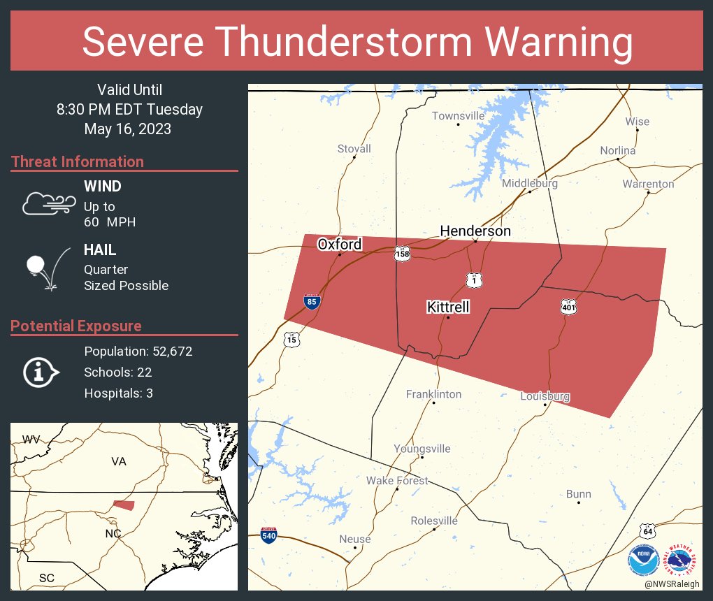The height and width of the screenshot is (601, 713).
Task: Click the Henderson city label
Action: [x=475, y=231]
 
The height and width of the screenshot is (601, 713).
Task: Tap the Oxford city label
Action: [x=340, y=244]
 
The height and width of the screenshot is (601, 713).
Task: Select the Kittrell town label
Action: [x=448, y=307]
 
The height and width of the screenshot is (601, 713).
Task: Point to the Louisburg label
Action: [x=545, y=396]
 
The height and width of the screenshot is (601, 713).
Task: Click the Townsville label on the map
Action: [x=458, y=115]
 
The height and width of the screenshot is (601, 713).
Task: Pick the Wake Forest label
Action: [x=397, y=481]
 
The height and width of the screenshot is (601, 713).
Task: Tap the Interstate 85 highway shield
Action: [x=312, y=301]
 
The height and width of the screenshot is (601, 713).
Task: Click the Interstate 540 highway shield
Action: [x=268, y=535]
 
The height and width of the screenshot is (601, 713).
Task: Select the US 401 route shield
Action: [x=568, y=306]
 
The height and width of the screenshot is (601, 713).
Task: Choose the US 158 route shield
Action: [x=401, y=253]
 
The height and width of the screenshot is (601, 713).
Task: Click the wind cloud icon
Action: [x=48, y=203]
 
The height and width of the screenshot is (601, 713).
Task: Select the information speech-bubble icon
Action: [x=41, y=372]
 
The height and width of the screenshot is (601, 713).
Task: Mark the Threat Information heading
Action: [x=78, y=161]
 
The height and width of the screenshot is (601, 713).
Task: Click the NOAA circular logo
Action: [x=643, y=559]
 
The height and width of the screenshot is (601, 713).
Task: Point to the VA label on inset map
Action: [x=119, y=461]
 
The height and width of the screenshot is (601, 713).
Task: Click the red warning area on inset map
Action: [x=124, y=505]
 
